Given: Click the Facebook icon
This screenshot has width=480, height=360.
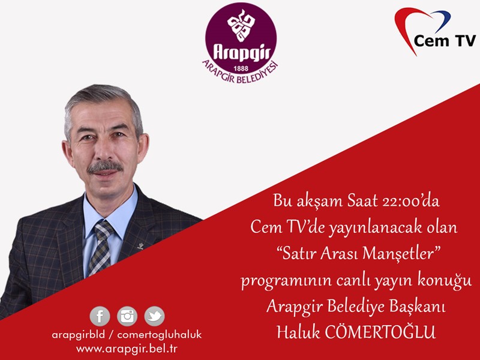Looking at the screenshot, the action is (x=100, y=316).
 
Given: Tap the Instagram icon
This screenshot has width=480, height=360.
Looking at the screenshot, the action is (x=127, y=316).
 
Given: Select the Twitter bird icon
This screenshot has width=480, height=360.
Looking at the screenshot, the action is (x=155, y=316).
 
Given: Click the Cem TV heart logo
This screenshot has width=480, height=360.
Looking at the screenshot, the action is (x=435, y=31).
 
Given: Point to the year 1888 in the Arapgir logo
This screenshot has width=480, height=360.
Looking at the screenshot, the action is (x=241, y=68).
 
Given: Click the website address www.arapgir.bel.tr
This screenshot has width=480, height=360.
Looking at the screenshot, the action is (x=127, y=349).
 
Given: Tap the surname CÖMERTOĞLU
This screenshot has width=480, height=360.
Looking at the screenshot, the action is (x=380, y=332).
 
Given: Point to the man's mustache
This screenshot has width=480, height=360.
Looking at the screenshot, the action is (x=104, y=167).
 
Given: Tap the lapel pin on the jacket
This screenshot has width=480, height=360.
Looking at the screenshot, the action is (x=141, y=245).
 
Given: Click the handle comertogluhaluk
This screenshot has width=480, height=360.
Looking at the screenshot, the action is (x=160, y=335).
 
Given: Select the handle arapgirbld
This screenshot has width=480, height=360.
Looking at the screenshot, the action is (x=79, y=335).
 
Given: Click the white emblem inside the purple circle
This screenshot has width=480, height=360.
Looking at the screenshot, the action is (x=241, y=26).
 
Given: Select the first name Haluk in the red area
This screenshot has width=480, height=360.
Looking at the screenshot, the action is (x=298, y=332).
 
